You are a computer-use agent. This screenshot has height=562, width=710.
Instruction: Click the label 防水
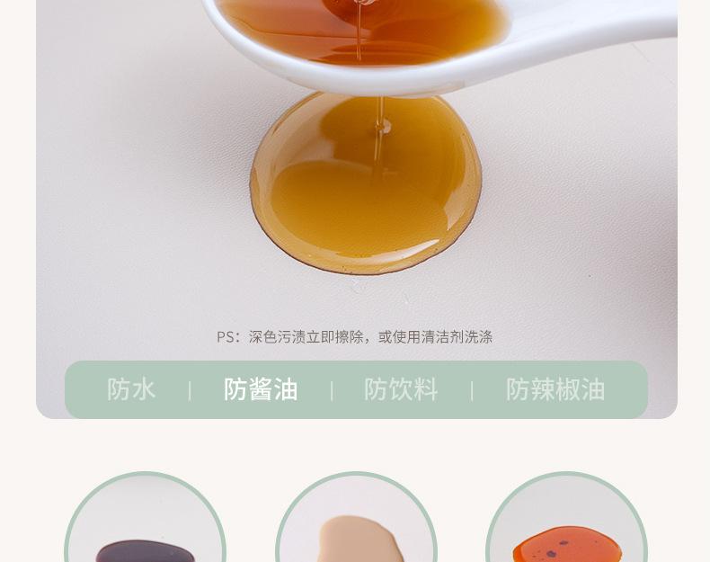(131, 389)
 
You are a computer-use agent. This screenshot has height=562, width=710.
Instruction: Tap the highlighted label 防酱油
(261, 389)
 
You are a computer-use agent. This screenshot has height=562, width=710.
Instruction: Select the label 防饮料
(401, 389)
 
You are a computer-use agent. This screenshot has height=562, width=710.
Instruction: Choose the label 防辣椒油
(555, 389)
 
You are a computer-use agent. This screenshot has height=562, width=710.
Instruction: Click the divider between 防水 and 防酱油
(190, 390)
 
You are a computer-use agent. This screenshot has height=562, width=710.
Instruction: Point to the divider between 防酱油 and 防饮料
(332, 390)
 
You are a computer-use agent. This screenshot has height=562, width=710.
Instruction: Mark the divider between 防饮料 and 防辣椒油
(472, 390)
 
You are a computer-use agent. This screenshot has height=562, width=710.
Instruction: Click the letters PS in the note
(226, 337)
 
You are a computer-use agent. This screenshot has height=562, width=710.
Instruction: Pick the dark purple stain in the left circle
(145, 550)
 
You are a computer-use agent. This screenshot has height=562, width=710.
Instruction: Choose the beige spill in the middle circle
(356, 540)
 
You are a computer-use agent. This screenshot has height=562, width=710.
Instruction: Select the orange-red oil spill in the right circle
(566, 546)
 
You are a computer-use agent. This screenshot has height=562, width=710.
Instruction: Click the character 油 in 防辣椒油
(593, 389)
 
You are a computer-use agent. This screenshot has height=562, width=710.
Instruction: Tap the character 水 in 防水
(144, 389)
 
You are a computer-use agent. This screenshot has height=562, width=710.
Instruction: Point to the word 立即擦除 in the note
(335, 337)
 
